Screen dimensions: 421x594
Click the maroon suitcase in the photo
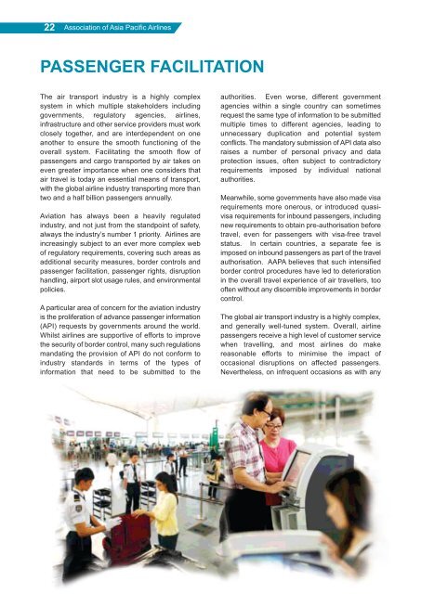point(133,544)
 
